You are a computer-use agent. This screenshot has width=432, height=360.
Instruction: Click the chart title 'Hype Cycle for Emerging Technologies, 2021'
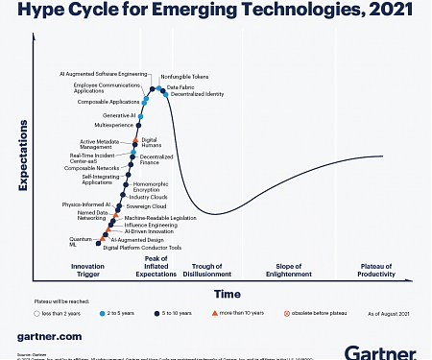click(x=216, y=12)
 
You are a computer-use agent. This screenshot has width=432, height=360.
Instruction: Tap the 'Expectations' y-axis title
click(x=23, y=156)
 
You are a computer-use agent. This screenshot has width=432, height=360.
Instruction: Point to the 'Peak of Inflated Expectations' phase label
click(x=156, y=267)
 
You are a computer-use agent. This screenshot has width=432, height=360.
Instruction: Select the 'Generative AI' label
click(x=119, y=115)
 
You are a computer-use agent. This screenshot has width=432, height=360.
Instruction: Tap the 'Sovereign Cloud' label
click(x=146, y=206)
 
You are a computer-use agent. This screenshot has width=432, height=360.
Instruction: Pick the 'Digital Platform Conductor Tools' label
click(x=142, y=247)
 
